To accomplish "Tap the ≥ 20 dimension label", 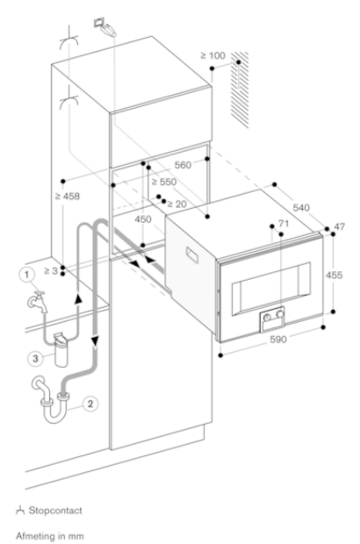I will [x=175, y=204].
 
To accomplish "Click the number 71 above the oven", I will [x=283, y=225].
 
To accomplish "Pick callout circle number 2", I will [x=88, y=404].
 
